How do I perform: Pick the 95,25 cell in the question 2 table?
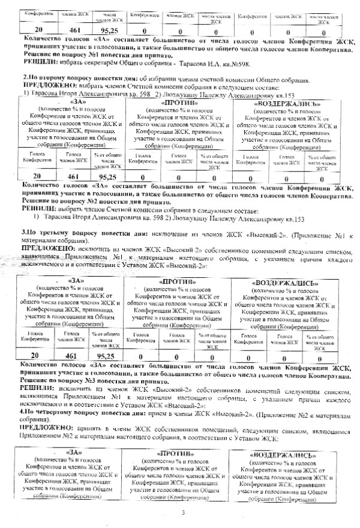[106, 177]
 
